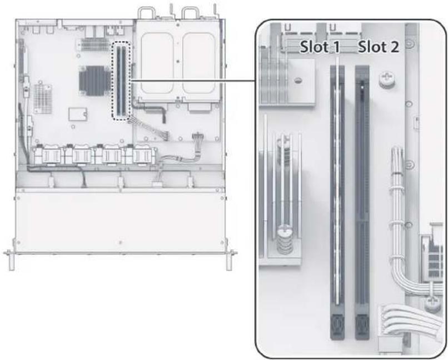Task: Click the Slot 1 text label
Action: pos(320,47)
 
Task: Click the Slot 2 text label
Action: pos(379,47)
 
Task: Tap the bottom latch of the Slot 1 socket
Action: pos(337,326)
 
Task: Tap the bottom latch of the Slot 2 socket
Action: pos(362,326)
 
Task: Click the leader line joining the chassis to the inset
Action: pos(193,81)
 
